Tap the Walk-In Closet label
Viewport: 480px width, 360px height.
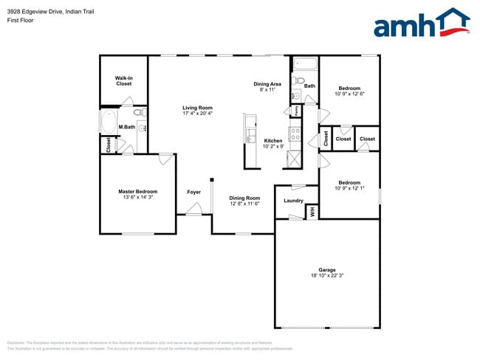pos(123,80)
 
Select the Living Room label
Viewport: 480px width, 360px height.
pos(197,108)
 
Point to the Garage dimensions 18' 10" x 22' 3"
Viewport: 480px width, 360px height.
pos(326,276)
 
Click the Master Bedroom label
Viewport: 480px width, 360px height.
pos(138,192)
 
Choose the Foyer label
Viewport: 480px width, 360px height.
pos(193,192)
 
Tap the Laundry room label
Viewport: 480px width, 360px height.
pos(294,201)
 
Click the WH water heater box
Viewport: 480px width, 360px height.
pos(312,212)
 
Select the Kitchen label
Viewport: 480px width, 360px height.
pos(273,141)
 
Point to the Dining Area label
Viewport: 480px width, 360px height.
pos(267,84)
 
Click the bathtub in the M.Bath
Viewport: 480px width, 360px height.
pos(108,122)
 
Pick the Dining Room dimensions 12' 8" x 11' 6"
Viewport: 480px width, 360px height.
pos(244,204)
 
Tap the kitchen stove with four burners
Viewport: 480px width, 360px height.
pos(294,135)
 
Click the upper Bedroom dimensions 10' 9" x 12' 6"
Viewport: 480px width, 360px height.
pos(349,94)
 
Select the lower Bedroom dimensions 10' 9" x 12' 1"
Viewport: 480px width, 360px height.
pos(349,188)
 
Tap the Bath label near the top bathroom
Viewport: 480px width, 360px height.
pos(309,86)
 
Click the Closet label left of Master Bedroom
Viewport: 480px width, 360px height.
pos(109,145)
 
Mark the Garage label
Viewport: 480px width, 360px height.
pos(326,270)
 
